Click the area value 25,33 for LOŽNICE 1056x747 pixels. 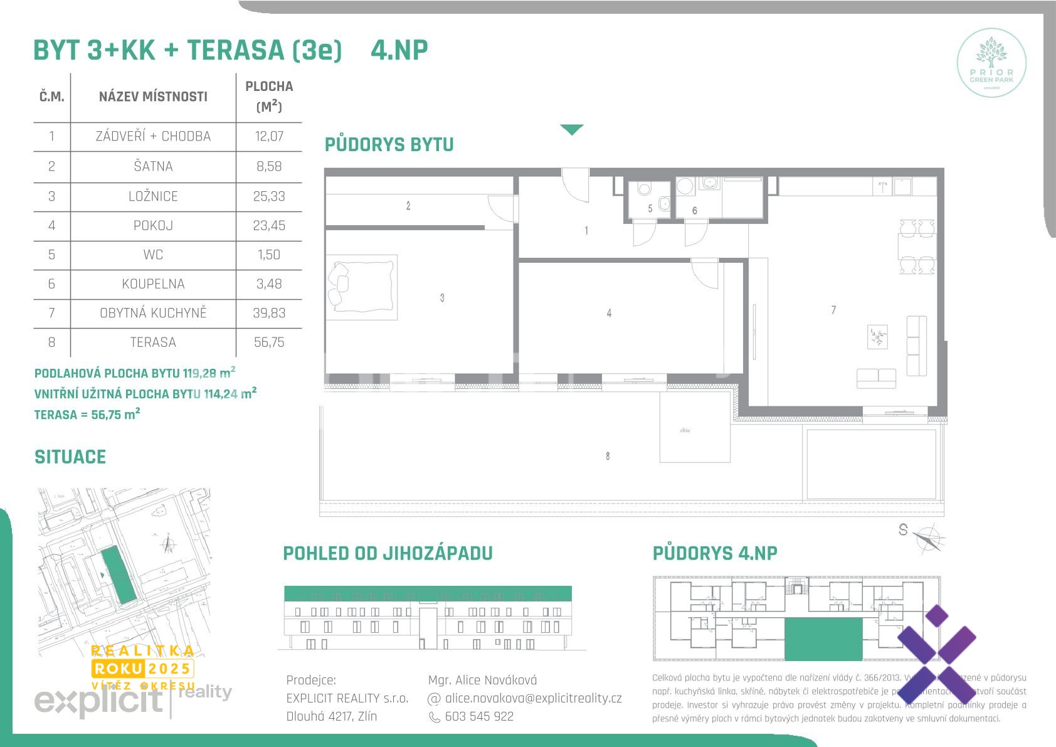tap(269, 196)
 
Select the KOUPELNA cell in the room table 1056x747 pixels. tap(153, 284)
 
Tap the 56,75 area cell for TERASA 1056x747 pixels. tap(269, 342)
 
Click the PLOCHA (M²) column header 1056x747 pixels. tap(269, 96)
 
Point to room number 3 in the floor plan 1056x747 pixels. tap(442, 298)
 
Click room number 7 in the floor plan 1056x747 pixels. tap(833, 310)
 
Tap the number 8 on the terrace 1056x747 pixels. tap(608, 456)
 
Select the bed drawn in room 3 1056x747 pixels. tap(362, 287)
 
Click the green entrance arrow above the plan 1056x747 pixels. tap(571, 129)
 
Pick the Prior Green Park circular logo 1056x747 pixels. tap(991, 63)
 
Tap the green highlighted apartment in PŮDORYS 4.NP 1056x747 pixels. tap(823, 638)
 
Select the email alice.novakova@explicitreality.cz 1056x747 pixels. tap(533, 698)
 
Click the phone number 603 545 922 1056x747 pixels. tap(479, 716)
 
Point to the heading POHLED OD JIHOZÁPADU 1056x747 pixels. tap(388, 553)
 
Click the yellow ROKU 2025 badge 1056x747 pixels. tap(143, 668)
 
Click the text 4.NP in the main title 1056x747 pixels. tap(399, 50)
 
